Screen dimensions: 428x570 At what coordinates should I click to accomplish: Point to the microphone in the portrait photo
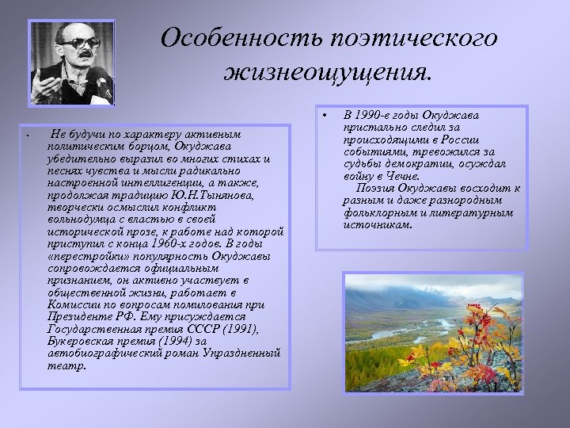pyautogui.click(x=98, y=79)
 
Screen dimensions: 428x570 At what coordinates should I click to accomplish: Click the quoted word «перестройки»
pyautogui.click(x=82, y=258)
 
